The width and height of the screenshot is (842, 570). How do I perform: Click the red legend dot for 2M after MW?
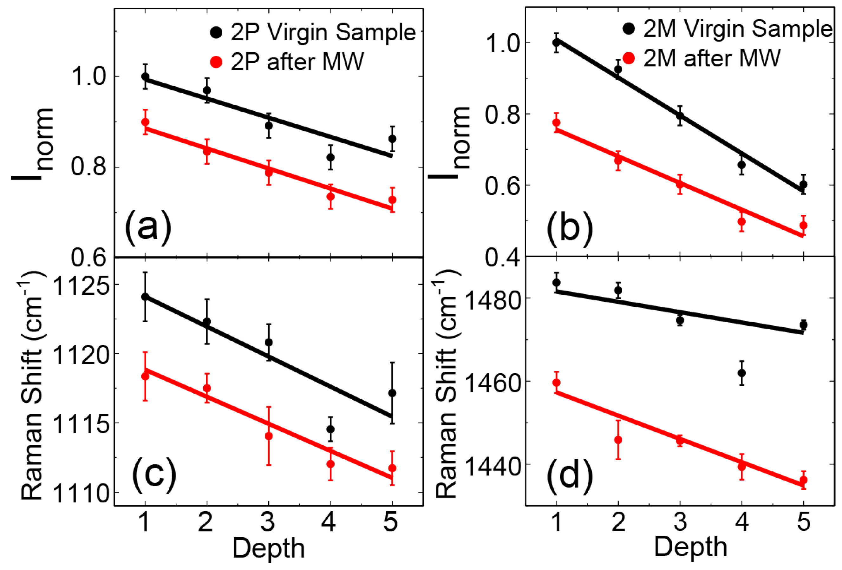(x=629, y=58)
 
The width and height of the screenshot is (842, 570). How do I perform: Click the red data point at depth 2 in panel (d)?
(x=618, y=440)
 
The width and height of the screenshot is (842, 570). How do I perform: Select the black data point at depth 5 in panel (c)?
(x=392, y=393)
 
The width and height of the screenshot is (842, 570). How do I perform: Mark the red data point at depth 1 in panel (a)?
(x=145, y=122)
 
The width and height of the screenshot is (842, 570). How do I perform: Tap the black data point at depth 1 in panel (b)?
(x=556, y=43)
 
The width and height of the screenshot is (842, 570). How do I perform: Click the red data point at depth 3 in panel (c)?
(x=269, y=436)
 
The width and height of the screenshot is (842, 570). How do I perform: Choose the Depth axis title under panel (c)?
(x=269, y=548)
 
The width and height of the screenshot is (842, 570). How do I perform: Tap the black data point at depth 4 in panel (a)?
(x=330, y=157)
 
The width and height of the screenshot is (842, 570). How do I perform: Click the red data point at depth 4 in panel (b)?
(x=742, y=221)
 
